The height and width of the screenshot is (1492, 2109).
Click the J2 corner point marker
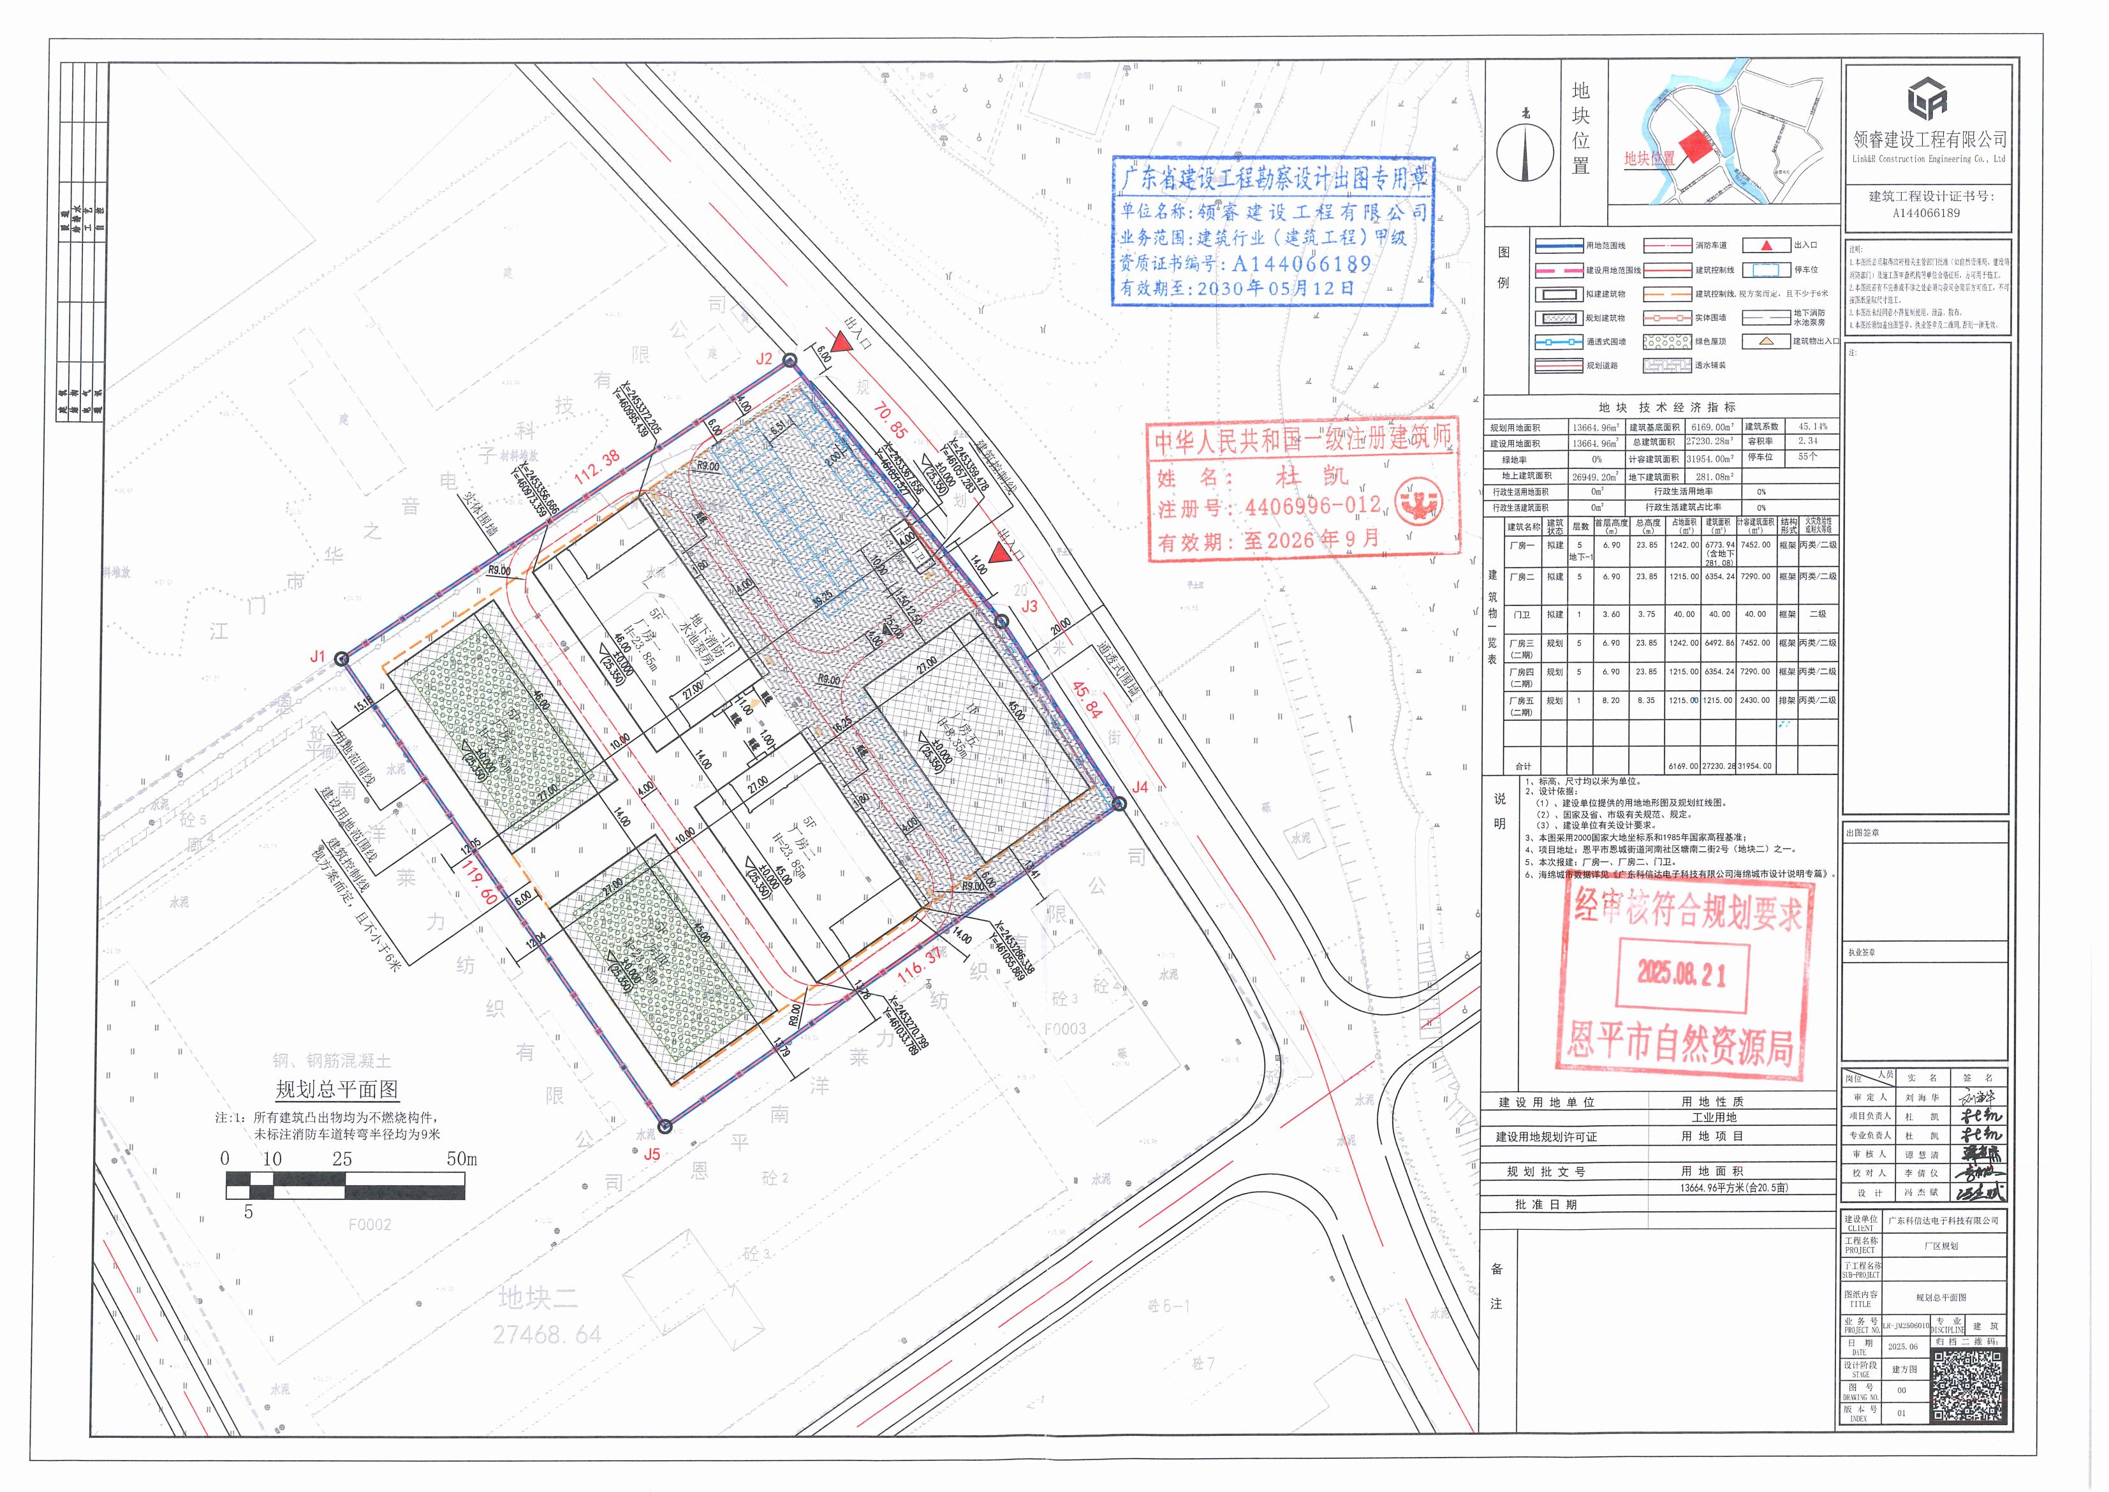pyautogui.click(x=789, y=361)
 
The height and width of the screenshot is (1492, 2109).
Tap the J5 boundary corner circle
pyautogui.click(x=666, y=1126)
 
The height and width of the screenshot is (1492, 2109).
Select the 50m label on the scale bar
pyautogui.click(x=462, y=1160)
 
